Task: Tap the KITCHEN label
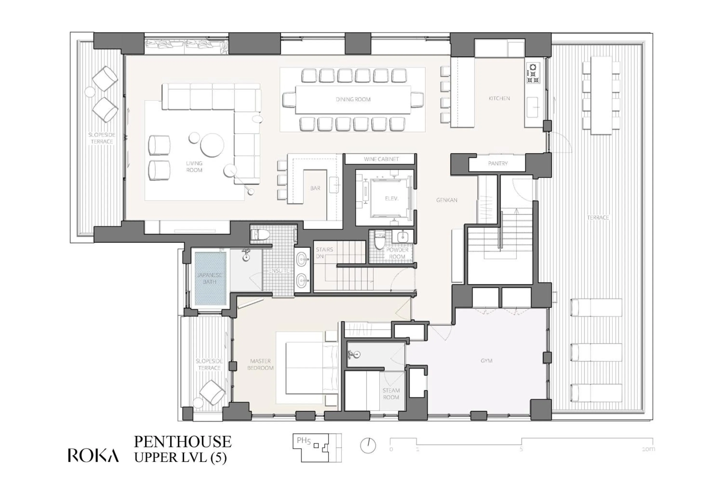[x=499, y=98]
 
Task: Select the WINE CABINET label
[x=381, y=159]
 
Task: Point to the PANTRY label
[x=497, y=164]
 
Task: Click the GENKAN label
[x=446, y=200]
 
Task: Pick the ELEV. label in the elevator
[x=391, y=198]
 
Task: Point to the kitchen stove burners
[x=533, y=73]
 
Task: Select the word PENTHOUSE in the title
[x=183, y=442]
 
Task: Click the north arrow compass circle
[x=368, y=445]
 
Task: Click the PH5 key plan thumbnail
[x=317, y=448]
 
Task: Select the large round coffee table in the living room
[x=212, y=145]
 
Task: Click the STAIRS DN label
[x=324, y=253]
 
